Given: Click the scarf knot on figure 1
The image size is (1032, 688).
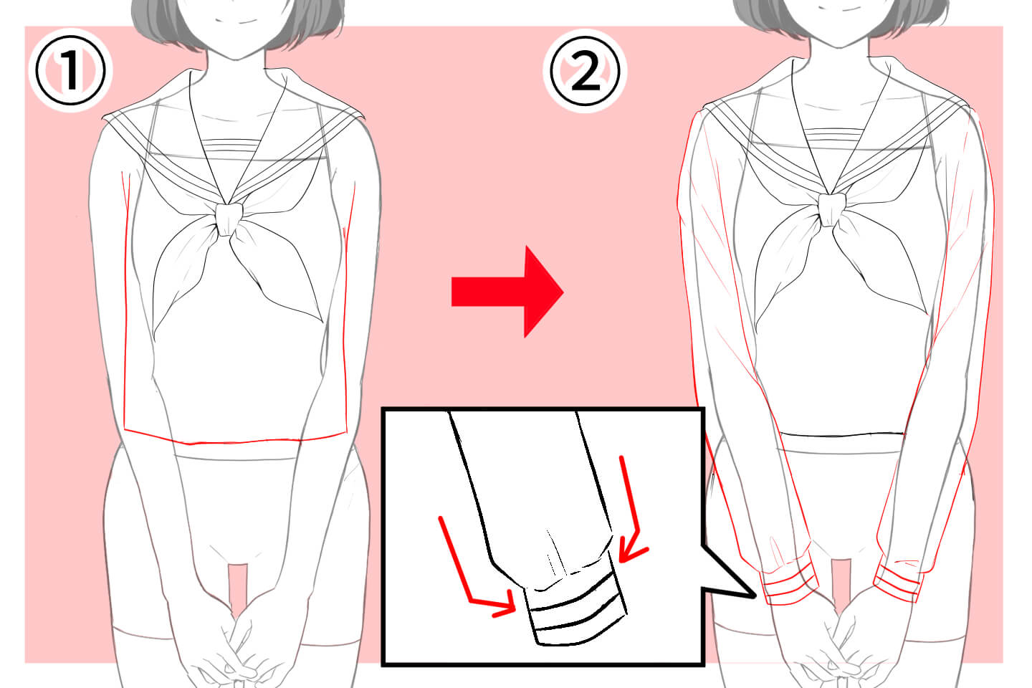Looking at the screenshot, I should point(228,219).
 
